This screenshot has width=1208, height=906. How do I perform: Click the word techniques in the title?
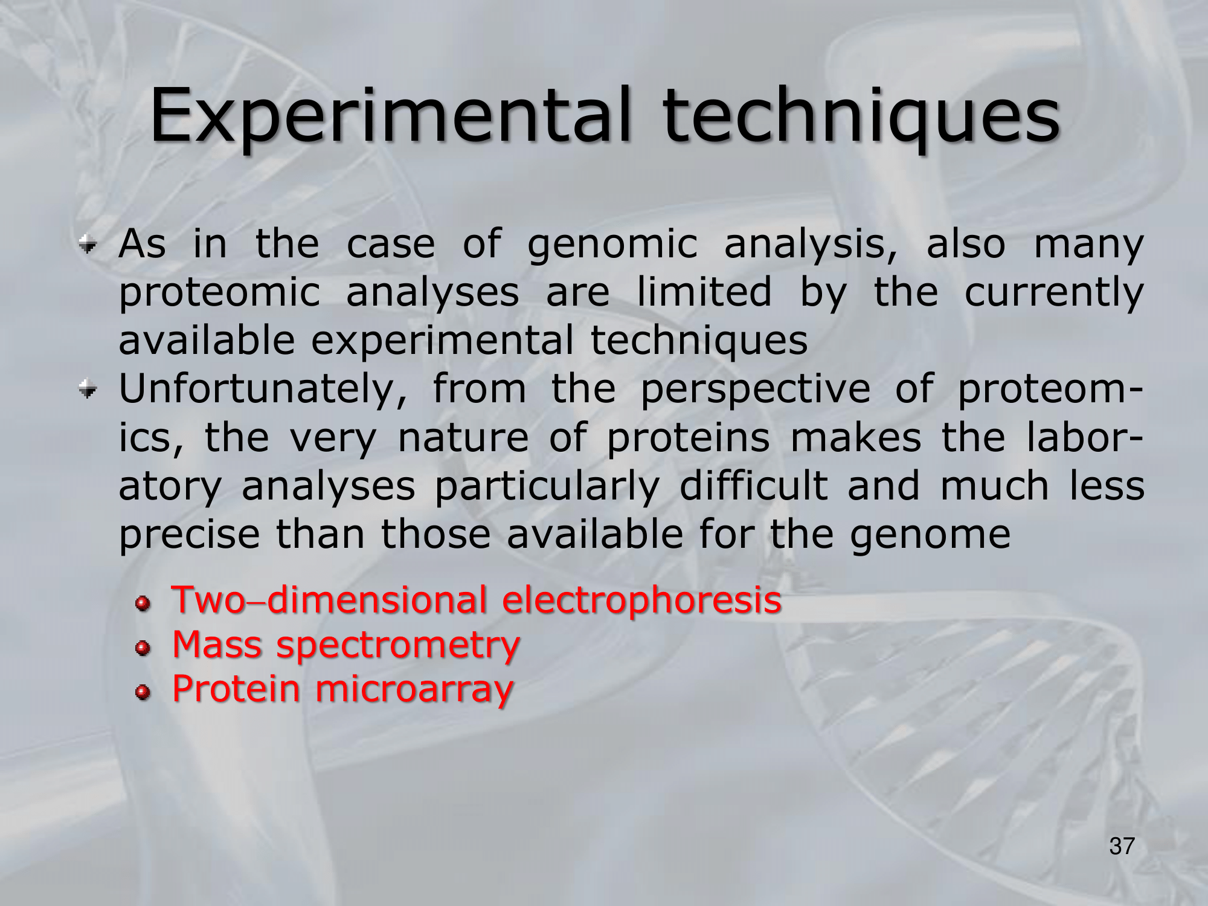click(x=861, y=115)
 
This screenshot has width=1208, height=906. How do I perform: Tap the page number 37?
click(x=1122, y=846)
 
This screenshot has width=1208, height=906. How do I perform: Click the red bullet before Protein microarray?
click(x=143, y=693)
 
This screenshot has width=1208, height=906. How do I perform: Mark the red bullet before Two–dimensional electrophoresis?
click(x=143, y=604)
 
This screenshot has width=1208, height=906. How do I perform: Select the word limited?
click(x=704, y=292)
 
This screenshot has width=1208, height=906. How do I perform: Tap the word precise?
click(x=189, y=535)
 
